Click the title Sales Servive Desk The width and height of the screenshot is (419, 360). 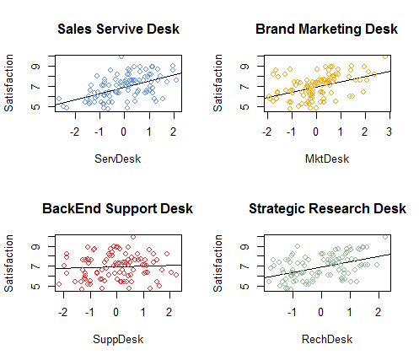click(118, 30)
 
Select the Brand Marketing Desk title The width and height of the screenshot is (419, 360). click(327, 30)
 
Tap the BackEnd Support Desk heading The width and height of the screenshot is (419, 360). click(118, 209)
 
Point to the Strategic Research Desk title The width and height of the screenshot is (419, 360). click(327, 209)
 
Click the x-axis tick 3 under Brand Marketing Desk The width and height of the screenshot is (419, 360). click(389, 132)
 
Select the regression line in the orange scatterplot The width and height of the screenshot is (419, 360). click(337, 83)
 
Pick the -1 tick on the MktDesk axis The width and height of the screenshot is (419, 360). click(291, 132)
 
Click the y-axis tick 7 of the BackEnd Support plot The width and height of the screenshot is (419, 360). click(35, 266)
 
